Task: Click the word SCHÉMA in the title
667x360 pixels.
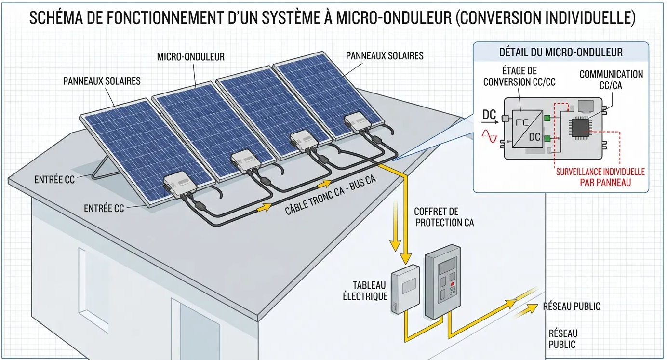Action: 56,17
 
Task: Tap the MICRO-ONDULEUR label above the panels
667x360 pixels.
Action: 191,57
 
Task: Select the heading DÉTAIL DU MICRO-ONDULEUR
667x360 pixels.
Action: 561,53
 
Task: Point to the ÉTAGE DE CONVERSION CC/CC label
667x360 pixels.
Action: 520,76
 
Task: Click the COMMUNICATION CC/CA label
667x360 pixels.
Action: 611,80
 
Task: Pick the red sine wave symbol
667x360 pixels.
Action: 489,136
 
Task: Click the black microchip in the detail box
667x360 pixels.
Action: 580,128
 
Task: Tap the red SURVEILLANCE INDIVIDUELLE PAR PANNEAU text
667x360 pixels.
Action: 600,177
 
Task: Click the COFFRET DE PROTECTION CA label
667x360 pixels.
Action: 444,217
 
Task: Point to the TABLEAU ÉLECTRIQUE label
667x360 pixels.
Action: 365,291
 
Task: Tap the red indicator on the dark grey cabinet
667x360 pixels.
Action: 453,284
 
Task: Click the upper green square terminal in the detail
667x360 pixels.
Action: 547,118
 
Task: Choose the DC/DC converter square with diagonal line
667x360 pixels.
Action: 528,129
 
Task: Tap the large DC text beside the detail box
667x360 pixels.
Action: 489,115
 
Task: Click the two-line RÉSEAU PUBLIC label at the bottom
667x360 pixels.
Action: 563,339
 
